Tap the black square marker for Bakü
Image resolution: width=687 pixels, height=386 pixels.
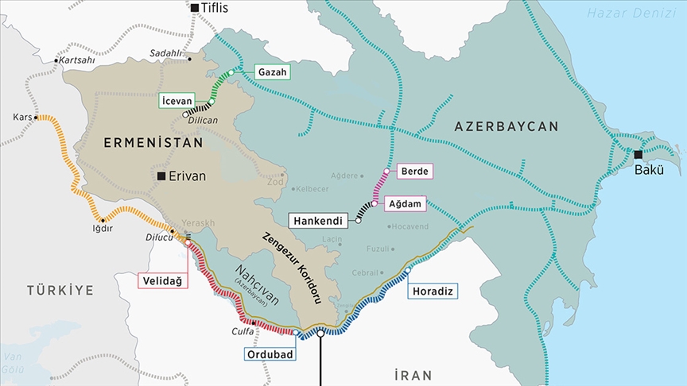pyautogui.click(x=638, y=154)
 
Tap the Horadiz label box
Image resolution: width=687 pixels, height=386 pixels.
pyautogui.click(x=433, y=291)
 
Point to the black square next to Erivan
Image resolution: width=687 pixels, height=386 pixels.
pyautogui.click(x=161, y=176)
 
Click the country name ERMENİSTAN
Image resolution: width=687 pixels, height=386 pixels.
pyautogui.click(x=153, y=142)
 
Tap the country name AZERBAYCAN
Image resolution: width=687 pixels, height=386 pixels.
pyautogui.click(x=506, y=126)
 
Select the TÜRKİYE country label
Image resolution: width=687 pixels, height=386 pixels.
pyautogui.click(x=59, y=290)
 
